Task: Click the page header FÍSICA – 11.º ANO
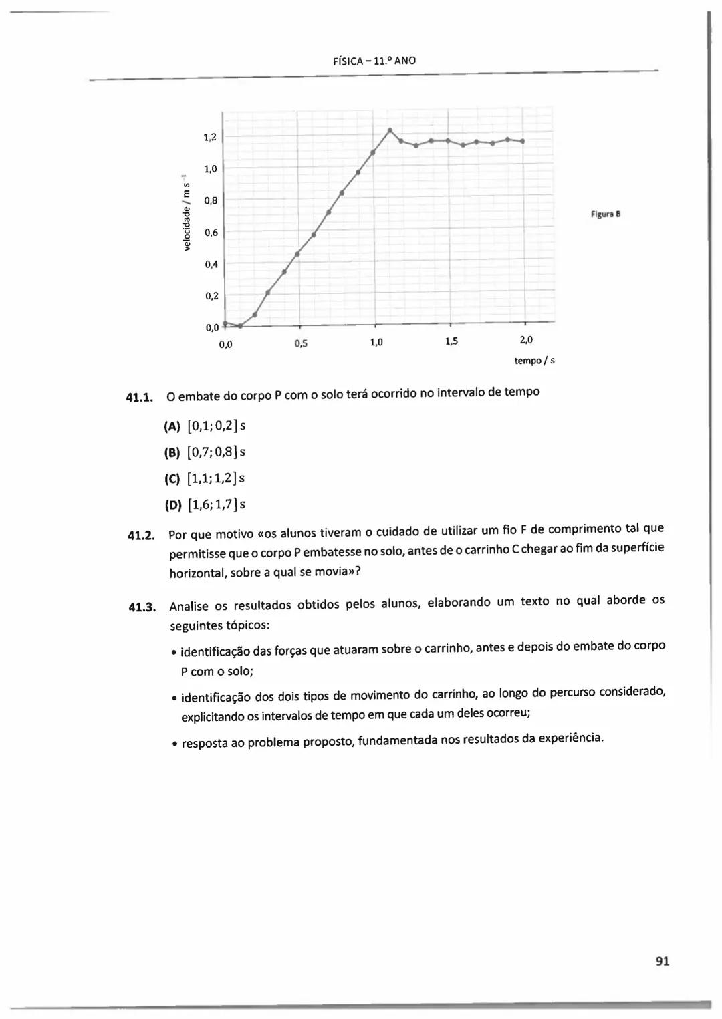tap(374, 61)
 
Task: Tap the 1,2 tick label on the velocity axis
tap(210, 138)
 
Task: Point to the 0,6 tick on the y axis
tap(211, 233)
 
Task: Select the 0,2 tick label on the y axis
tap(211, 295)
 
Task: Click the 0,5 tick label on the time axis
tap(301, 344)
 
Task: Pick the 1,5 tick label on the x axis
tap(451, 342)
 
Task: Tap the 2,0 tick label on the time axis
tap(526, 340)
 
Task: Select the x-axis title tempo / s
tap(534, 361)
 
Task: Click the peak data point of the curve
tap(390, 129)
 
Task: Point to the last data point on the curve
tap(523, 141)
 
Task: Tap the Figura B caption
tap(606, 214)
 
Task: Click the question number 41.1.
tap(140, 398)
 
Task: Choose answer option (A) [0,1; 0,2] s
tap(205, 426)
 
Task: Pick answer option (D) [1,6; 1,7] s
tap(205, 504)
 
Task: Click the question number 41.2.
tap(141, 536)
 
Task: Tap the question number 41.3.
tap(142, 607)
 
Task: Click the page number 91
tap(663, 961)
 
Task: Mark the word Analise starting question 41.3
tap(189, 607)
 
